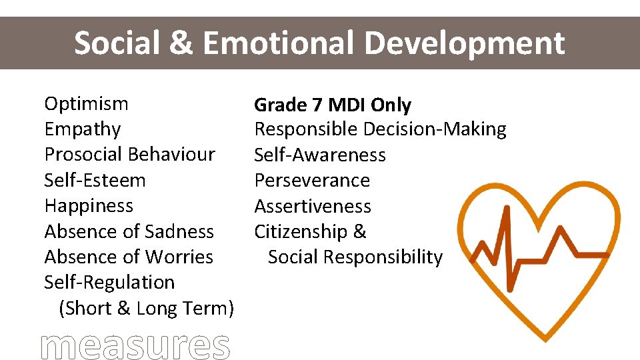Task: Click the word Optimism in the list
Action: coord(86,104)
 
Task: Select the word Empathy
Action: coord(82,129)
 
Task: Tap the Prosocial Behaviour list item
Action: coord(129,155)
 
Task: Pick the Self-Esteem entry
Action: coord(95,180)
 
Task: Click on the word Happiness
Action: coord(89,206)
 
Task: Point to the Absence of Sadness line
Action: coord(129,231)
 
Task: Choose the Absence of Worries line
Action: coord(128,257)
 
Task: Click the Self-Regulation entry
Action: coord(109,283)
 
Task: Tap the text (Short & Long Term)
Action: coord(146,309)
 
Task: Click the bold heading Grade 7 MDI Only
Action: coord(333,105)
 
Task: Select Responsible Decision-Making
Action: coord(380,129)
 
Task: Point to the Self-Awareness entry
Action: coord(320,155)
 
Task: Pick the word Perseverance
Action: coord(312,181)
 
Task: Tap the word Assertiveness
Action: coord(313,207)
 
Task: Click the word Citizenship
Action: coord(301,232)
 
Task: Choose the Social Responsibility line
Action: coord(355,257)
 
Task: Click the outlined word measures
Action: coord(135,345)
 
